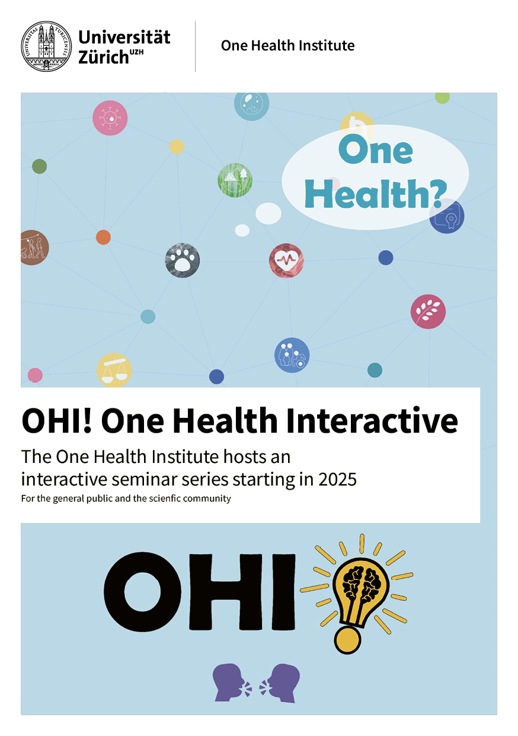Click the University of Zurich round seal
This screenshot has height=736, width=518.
[46, 46]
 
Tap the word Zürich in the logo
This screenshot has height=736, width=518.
[104, 56]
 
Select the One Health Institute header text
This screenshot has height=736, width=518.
[287, 46]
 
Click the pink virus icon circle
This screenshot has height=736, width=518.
[110, 118]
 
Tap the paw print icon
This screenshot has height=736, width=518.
[183, 261]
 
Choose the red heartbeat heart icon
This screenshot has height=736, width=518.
[286, 261]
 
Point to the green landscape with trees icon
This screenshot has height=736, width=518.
[235, 180]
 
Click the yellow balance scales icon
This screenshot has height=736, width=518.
[114, 370]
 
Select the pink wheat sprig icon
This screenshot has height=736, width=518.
[428, 312]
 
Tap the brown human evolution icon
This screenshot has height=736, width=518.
[34, 248]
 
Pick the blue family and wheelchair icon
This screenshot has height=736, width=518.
[292, 355]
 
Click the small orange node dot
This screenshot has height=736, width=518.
[103, 237]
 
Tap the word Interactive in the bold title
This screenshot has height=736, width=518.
[372, 421]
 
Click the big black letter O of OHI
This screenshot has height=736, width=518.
[142, 593]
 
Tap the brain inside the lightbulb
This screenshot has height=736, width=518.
[360, 589]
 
